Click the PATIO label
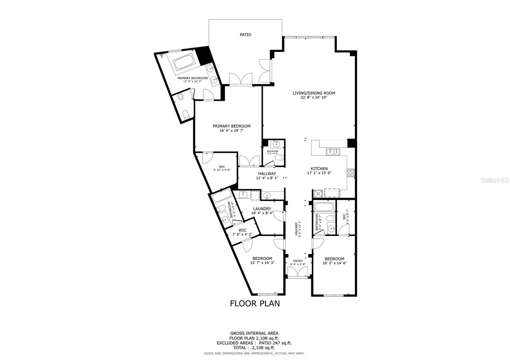[x=245, y=35]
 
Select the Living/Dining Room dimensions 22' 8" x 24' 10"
[x=314, y=97]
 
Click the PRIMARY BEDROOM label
[x=231, y=126]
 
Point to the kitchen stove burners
[x=350, y=173]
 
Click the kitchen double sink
[x=333, y=152]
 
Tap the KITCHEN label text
[x=319, y=169]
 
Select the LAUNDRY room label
[x=262, y=209]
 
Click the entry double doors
[x=298, y=271]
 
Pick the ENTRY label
[x=298, y=261]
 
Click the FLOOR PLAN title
[x=255, y=303]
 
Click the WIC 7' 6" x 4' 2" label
[x=242, y=232]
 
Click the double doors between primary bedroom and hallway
[x=250, y=161]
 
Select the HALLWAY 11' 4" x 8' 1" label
[x=267, y=176]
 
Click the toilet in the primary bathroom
[x=186, y=114]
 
